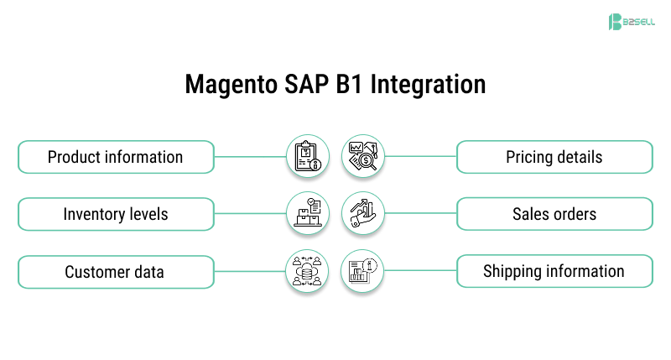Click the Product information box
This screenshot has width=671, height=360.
[x=115, y=157]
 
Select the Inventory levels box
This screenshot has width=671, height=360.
[x=115, y=214]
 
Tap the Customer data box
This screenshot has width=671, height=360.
[x=115, y=272]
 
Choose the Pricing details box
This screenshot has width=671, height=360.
[x=554, y=157]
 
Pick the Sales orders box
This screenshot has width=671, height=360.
[x=554, y=214]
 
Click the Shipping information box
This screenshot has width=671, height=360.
[x=554, y=272]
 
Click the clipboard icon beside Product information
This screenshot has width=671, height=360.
[x=307, y=157]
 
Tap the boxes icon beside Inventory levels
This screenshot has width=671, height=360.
[x=307, y=214]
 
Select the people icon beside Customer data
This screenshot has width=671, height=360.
[x=307, y=272]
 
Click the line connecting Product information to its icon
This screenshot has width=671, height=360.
[x=249, y=157]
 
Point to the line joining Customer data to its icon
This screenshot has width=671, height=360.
[x=249, y=272]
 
